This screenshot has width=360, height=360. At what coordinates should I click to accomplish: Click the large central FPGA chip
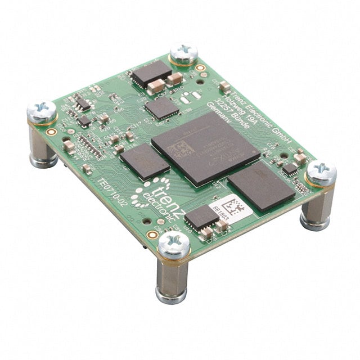pyautogui.click(x=205, y=147)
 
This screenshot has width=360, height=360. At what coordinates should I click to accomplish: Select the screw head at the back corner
pyautogui.click(x=183, y=53)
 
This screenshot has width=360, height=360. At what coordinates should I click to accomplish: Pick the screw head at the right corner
pyautogui.click(x=321, y=172)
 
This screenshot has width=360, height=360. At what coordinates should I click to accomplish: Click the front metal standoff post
pyautogui.click(x=172, y=278)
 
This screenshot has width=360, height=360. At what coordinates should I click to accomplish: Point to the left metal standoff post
pyautogui.click(x=43, y=146)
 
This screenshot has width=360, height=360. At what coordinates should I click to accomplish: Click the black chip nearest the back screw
pyautogui.click(x=151, y=74)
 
